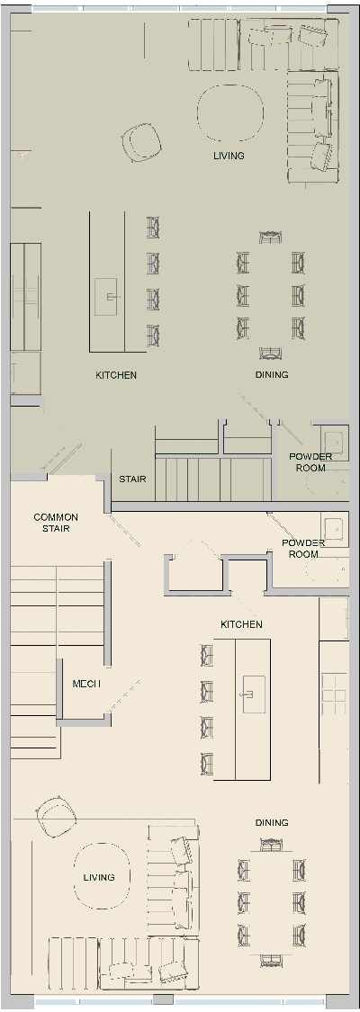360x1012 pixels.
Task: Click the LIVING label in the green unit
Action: [x=229, y=156]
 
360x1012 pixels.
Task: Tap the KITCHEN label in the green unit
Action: [x=116, y=374]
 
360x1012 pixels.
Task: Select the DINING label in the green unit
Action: [x=272, y=374]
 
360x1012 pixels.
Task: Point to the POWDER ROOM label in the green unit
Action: [x=310, y=462]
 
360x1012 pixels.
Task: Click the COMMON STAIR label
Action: [x=56, y=523]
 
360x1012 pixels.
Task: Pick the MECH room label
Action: [x=86, y=685]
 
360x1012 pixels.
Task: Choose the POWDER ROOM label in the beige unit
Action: [x=303, y=549]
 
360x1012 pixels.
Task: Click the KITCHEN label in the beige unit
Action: [x=241, y=624]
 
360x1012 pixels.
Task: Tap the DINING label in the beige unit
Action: [x=272, y=822]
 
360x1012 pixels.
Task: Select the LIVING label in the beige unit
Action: [x=99, y=877]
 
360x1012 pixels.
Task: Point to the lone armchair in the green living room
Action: [x=141, y=141]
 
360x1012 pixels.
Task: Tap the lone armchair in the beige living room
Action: [x=56, y=816]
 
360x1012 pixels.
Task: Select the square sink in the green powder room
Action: [x=333, y=442]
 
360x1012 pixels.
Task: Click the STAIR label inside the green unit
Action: [x=132, y=479]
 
